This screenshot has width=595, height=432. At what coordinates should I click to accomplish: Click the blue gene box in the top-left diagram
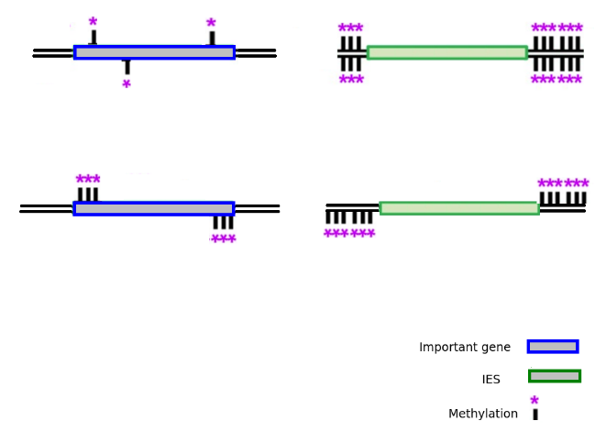(x=154, y=52)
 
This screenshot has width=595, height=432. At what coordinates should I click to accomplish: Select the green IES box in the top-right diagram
(x=446, y=52)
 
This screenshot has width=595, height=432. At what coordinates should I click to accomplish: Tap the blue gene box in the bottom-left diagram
(x=154, y=208)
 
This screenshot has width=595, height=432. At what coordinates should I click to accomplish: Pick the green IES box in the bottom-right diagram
(x=458, y=208)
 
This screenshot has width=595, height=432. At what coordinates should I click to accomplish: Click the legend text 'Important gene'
(x=465, y=348)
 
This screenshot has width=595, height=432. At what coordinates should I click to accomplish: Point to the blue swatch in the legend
(x=552, y=346)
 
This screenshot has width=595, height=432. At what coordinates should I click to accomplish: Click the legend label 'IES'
(x=491, y=380)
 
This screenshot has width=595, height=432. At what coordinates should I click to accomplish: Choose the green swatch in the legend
(x=554, y=375)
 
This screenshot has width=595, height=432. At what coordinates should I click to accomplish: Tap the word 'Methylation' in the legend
(x=483, y=414)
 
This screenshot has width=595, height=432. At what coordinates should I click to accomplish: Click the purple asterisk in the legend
(x=534, y=402)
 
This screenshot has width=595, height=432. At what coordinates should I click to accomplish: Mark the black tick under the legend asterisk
(x=535, y=415)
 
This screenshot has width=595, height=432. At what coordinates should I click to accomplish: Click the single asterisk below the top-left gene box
(x=127, y=85)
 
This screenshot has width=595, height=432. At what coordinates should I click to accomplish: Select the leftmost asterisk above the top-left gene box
(x=93, y=23)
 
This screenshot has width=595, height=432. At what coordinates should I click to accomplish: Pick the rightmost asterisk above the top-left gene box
(x=211, y=25)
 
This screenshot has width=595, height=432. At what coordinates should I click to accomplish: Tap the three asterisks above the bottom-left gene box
(x=88, y=181)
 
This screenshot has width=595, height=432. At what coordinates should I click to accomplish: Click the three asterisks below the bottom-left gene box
(x=223, y=240)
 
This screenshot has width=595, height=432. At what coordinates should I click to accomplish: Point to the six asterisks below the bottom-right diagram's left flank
(x=349, y=235)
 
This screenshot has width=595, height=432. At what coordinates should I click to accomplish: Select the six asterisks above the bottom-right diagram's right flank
(x=563, y=184)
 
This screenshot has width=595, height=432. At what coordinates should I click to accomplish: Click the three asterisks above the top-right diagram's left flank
(x=350, y=29)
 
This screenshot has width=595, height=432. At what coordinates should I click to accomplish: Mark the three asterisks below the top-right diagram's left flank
(x=350, y=81)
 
